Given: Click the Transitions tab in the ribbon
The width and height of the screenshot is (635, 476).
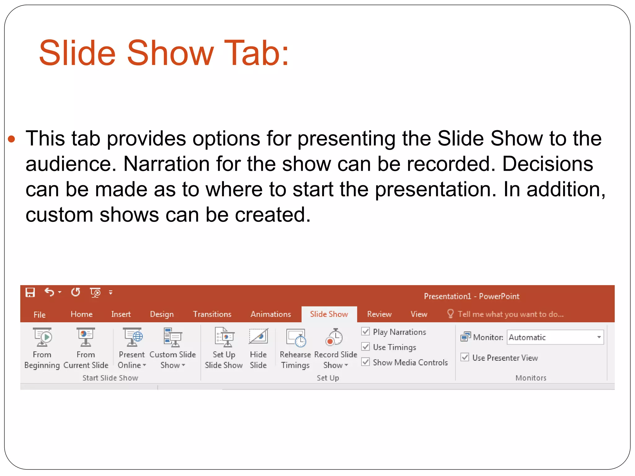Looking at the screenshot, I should pos(212,314).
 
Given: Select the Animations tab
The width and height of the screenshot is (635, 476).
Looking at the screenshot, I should pos(271,314).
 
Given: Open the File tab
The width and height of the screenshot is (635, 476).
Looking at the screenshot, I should pos(39,315).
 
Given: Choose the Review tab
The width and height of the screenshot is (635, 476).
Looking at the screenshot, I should pos(379,314).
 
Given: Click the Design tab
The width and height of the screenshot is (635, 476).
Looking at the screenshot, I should pos(162,314).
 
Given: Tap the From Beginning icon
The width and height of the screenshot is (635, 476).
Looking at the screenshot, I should pos(42,337).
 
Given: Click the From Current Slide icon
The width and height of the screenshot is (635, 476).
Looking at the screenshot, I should pos(86,337).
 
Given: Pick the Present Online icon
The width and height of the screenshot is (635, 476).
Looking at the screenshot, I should pos(132,337).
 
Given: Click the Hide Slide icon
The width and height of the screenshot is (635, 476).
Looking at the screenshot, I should pos(258,337).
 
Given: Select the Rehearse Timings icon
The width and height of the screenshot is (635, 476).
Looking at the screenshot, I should pos(296,337).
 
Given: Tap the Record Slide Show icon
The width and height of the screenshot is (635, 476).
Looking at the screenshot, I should pos(334,337).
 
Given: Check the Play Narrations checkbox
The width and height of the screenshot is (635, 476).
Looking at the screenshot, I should pos(366,332).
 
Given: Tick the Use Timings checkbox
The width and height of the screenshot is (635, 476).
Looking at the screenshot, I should pos(366,347).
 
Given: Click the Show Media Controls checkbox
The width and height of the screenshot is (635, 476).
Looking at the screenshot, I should pos(366,362).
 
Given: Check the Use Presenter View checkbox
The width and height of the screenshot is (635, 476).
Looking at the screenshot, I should pos(465,357).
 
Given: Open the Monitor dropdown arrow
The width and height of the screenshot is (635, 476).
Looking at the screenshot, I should pos(599,337).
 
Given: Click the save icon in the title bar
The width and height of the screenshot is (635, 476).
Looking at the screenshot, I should pos(30,292).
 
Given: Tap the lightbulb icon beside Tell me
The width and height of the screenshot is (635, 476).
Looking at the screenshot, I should pos(450,314).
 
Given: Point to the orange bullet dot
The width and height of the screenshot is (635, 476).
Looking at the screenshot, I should pos(11,139).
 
